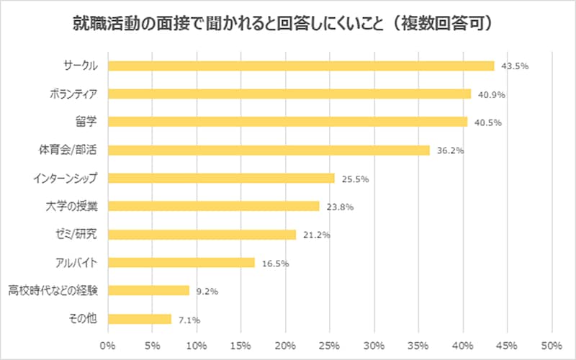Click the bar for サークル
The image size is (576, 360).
(x=301, y=66)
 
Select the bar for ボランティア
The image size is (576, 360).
(x=289, y=94)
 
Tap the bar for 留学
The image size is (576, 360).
(x=288, y=122)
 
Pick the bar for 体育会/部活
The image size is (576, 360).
(x=269, y=150)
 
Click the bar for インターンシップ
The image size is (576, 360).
(x=221, y=178)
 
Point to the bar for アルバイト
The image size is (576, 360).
(x=181, y=263)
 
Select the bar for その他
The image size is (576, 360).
(x=140, y=319)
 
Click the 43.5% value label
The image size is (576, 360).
(x=516, y=66)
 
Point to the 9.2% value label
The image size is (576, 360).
(x=207, y=292)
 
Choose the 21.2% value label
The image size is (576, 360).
(x=317, y=235)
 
